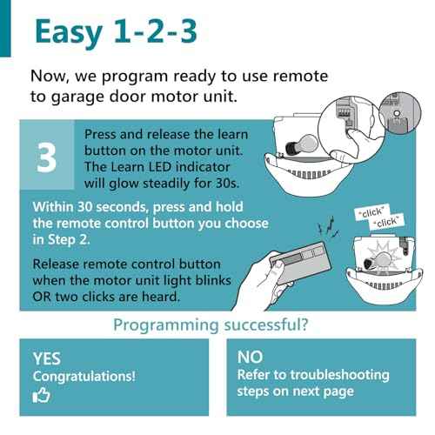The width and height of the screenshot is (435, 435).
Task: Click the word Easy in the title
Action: [x=69, y=32]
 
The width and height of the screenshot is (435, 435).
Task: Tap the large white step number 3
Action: [x=46, y=157]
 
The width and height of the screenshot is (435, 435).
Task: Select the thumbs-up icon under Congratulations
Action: [x=42, y=395]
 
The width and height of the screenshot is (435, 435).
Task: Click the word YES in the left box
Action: [x=47, y=358]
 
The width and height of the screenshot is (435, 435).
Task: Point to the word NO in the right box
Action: [x=250, y=357]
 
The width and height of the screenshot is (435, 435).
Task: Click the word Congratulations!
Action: [x=84, y=377]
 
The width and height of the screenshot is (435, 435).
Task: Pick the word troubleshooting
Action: [x=340, y=375]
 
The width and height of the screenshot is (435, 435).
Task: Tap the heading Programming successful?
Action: [x=211, y=325]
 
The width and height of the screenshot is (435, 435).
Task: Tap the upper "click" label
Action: [x=372, y=212]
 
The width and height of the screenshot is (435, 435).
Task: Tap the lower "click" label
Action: [x=386, y=223]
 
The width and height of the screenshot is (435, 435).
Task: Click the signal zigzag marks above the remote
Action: [x=329, y=227]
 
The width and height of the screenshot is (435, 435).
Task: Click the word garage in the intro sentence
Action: [x=77, y=97]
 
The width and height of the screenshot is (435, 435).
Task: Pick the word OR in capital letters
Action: [x=42, y=297]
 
